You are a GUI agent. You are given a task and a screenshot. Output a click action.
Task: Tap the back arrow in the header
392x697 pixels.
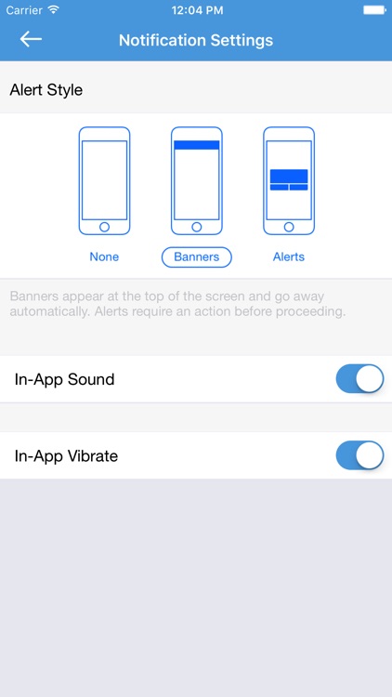(31, 39)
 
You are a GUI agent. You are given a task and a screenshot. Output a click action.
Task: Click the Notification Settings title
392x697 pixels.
(196, 40)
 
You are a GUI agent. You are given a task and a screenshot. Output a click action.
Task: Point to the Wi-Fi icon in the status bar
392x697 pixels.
(54, 9)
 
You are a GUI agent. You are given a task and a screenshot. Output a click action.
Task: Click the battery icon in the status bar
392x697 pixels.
(373, 9)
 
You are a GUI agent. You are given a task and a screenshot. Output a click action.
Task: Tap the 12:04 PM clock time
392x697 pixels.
(196, 10)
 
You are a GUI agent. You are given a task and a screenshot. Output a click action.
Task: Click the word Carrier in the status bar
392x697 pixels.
(24, 10)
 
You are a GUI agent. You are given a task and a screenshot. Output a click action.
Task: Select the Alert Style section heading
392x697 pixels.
(46, 90)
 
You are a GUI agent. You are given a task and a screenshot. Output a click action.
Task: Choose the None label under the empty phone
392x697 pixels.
(104, 256)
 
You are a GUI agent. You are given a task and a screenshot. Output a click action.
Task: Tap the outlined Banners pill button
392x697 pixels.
(196, 256)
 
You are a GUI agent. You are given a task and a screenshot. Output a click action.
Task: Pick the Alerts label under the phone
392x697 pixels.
(289, 256)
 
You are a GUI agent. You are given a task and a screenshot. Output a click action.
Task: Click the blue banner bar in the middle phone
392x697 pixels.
(196, 145)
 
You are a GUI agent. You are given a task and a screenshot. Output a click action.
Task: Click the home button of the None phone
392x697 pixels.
(104, 227)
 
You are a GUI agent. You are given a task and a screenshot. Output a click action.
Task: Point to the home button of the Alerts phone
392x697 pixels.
(289, 227)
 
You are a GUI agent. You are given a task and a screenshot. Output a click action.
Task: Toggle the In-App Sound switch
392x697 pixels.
(359, 379)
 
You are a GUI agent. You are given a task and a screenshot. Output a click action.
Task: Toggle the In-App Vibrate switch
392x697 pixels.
(359, 455)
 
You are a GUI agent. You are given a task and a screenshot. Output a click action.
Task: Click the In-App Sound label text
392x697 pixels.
(64, 379)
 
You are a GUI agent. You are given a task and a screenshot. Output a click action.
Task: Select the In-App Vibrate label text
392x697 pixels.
(66, 455)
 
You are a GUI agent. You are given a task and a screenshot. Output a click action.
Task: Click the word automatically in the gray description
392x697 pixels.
(49, 311)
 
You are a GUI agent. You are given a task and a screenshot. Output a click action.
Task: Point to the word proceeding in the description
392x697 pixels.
(310, 311)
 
